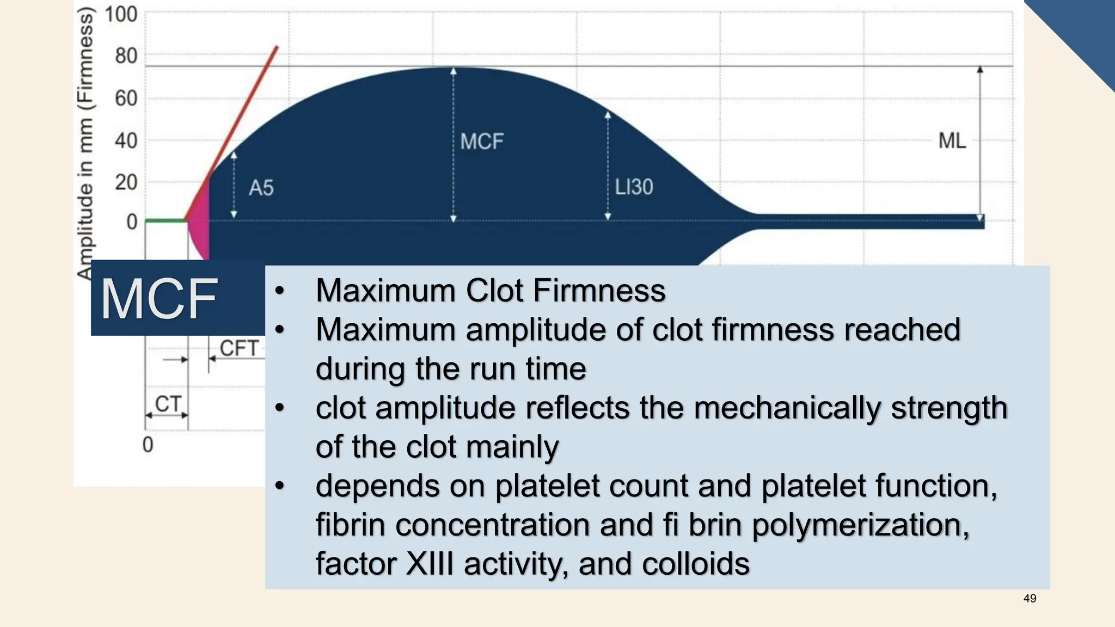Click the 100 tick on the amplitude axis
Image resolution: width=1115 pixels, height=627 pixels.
click(121, 14)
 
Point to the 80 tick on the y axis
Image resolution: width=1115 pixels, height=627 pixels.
click(126, 56)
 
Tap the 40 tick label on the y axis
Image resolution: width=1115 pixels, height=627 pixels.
click(126, 141)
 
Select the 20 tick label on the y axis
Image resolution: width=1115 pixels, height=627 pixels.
click(126, 182)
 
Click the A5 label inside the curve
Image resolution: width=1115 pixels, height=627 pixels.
click(261, 188)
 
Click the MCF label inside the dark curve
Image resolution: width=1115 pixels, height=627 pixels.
click(481, 142)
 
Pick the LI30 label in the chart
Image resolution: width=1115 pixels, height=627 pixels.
click(634, 187)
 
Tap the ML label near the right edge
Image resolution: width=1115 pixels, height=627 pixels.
click(952, 141)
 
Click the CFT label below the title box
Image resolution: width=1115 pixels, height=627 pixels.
click(238, 348)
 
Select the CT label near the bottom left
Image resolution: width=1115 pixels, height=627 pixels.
click(168, 404)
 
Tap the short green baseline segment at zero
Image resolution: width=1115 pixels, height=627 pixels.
click(166, 220)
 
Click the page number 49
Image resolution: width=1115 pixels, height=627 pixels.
click(1030, 599)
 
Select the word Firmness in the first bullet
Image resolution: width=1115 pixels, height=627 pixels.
click(599, 291)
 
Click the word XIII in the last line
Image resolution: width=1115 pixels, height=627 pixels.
click(430, 564)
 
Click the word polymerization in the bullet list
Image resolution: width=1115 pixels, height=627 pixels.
click(860, 525)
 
